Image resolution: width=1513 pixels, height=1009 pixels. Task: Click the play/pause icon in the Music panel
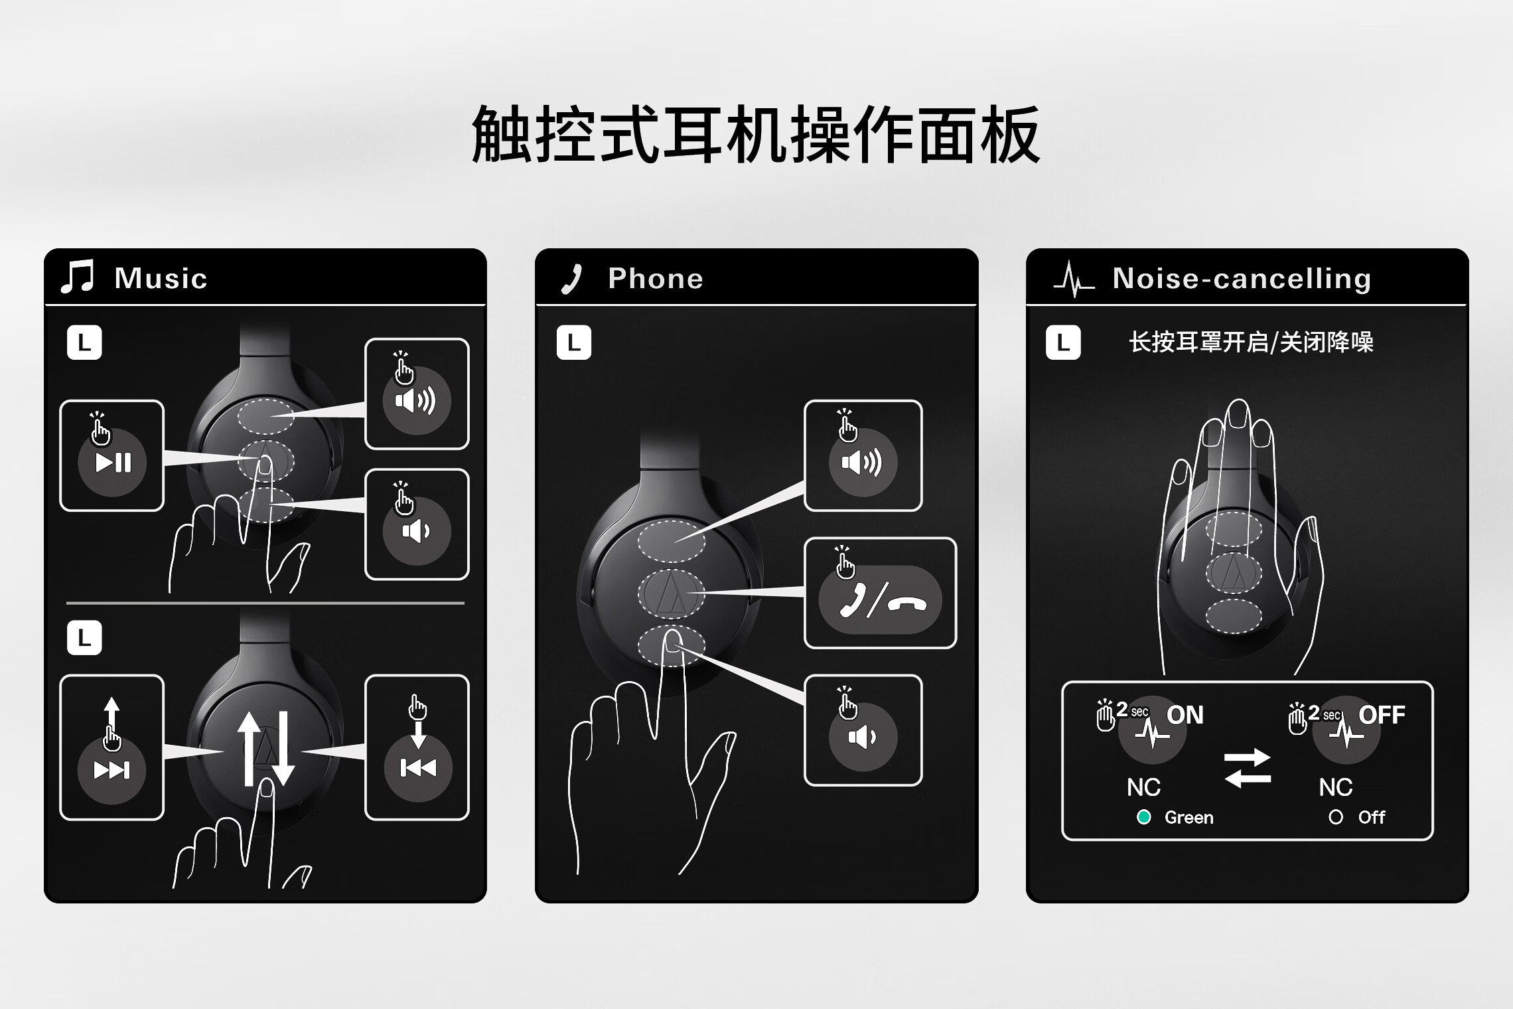(113, 463)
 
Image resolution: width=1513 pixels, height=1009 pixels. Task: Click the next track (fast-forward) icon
(111, 770)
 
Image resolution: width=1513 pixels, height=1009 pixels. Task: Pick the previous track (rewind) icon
(418, 768)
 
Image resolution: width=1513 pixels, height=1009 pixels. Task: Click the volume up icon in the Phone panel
(863, 462)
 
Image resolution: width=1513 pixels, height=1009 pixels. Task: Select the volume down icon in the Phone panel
(863, 737)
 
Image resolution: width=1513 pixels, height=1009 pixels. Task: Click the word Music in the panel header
(161, 278)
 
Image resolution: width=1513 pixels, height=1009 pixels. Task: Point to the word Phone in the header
(656, 278)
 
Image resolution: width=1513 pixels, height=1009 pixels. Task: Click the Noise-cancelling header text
(1242, 279)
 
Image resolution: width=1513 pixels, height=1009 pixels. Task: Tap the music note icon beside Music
(78, 277)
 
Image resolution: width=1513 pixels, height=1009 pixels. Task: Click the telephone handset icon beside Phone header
(571, 279)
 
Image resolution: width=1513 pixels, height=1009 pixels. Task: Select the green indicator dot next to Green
(1143, 817)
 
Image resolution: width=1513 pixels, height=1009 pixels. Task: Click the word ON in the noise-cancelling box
(1185, 715)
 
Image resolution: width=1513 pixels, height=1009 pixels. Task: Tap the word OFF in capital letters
(1382, 715)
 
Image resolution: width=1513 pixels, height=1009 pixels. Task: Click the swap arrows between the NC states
(1248, 768)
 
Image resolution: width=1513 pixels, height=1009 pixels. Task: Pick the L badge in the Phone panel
(574, 343)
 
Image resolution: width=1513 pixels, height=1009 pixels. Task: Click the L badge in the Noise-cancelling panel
(1063, 343)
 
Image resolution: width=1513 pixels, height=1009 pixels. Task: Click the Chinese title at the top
(756, 135)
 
